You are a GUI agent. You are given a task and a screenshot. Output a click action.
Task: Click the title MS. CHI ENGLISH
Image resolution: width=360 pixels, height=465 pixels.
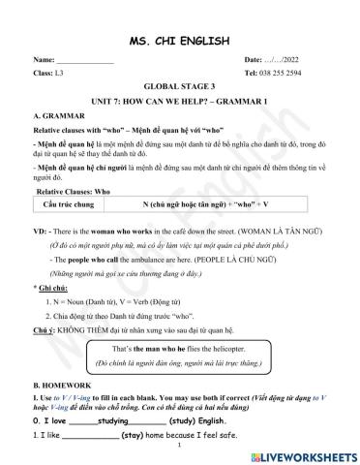coord(179,40)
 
